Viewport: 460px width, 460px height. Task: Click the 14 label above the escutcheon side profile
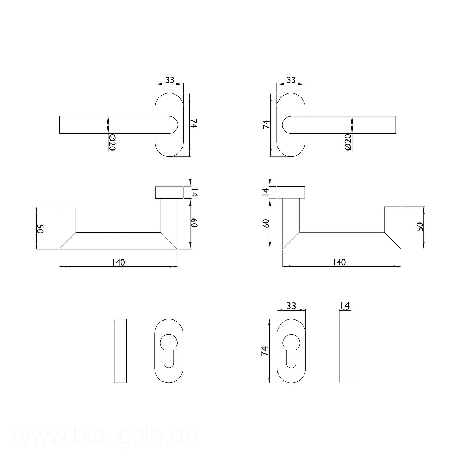coord(345,305)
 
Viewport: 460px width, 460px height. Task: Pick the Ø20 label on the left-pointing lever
coord(112,143)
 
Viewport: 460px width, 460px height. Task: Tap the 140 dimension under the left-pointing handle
coord(118,263)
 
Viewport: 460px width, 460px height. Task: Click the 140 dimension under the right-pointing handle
coord(339,262)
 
